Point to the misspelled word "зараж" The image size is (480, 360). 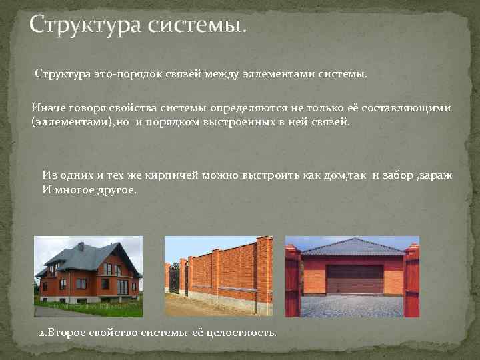pos(436,175)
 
